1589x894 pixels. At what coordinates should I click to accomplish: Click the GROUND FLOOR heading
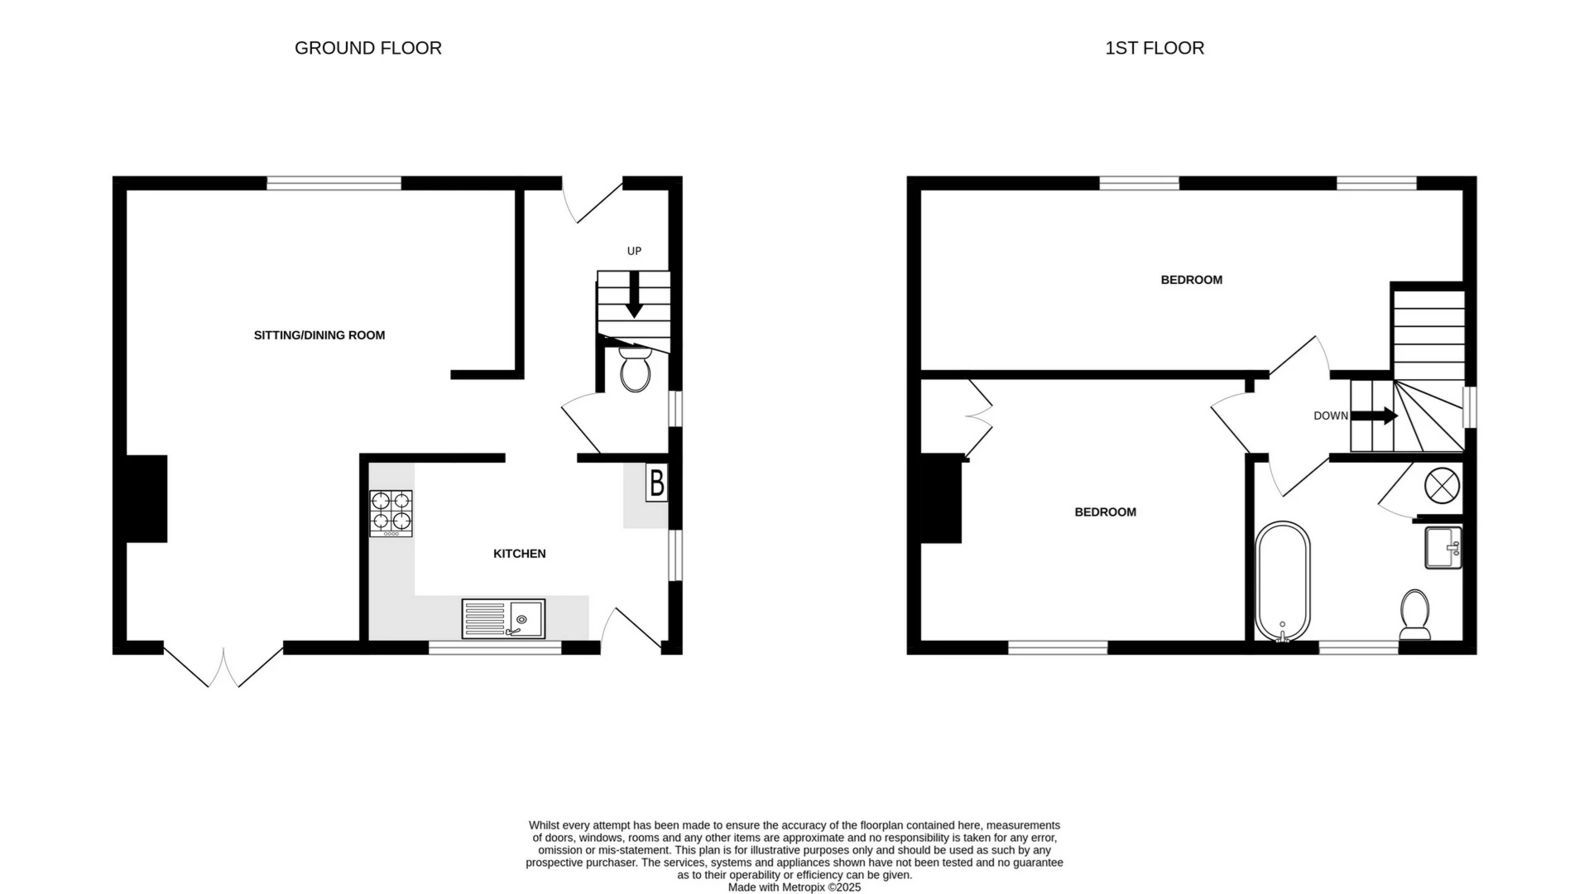point(368,48)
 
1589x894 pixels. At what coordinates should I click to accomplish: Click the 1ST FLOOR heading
point(1155,48)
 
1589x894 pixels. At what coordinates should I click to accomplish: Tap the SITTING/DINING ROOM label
point(319,335)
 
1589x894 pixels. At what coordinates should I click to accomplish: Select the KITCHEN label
point(519,554)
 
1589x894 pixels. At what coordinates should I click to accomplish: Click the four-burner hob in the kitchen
point(391,512)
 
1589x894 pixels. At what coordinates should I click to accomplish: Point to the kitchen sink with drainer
point(503,619)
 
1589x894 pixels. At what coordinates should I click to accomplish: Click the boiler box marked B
point(656,483)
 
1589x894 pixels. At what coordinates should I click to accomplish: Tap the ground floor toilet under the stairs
point(635,370)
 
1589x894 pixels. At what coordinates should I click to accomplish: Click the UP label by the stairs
point(634,251)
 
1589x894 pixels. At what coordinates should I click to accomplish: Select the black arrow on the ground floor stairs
point(634,297)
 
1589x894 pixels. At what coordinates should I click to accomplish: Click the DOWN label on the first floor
point(1330,416)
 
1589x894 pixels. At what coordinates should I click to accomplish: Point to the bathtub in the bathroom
point(1283,581)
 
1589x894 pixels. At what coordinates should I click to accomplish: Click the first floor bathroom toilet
point(1415,615)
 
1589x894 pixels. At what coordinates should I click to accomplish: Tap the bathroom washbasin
point(1443,547)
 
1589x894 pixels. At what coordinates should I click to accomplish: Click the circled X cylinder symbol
point(1441,485)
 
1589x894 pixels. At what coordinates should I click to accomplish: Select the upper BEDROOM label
point(1191,280)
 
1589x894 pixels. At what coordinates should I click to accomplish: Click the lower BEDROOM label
point(1105,512)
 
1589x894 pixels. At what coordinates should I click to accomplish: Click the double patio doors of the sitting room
point(223,666)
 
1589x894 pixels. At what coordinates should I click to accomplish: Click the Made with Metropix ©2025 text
point(794,887)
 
